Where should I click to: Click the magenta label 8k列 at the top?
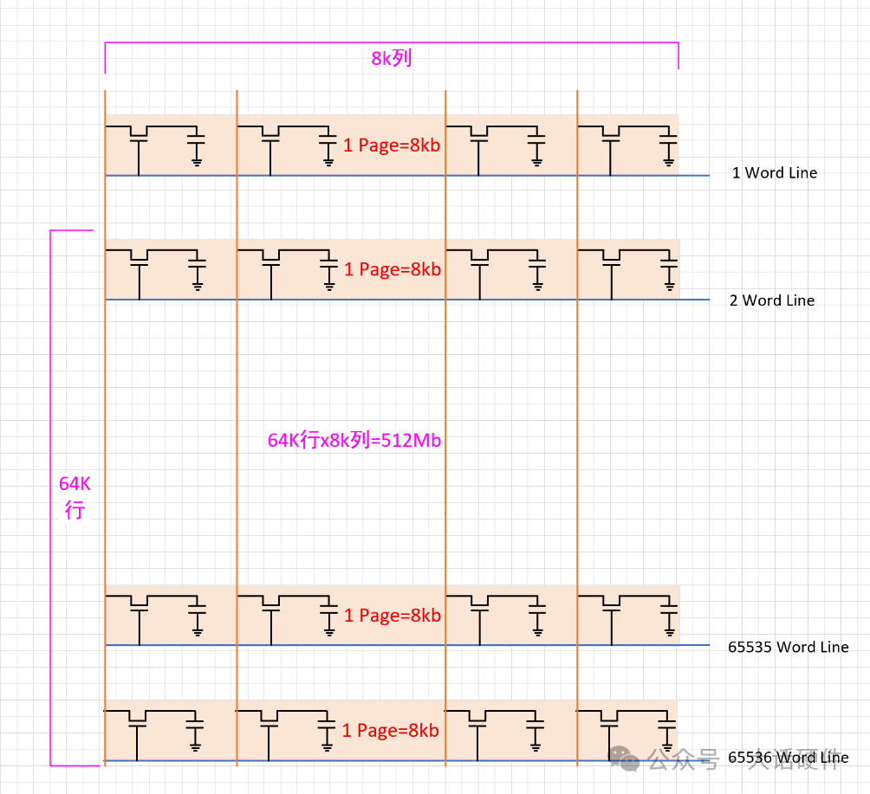pyautogui.click(x=391, y=59)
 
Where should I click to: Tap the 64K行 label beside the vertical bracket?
pyautogui.click(x=75, y=497)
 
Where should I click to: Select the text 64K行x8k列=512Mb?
pyautogui.click(x=354, y=440)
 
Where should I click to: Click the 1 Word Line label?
pyautogui.click(x=774, y=172)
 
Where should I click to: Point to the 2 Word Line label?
pyautogui.click(x=772, y=300)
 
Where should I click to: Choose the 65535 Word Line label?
pyautogui.click(x=788, y=647)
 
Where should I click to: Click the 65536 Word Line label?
pyautogui.click(x=788, y=758)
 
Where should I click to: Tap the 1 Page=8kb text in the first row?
pyautogui.click(x=392, y=145)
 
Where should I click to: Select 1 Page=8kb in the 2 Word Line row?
pyautogui.click(x=393, y=269)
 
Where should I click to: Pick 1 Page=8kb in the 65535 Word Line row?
pyautogui.click(x=393, y=616)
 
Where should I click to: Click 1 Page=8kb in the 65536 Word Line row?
pyautogui.click(x=391, y=730)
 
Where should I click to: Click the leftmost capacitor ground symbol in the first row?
pyautogui.click(x=197, y=160)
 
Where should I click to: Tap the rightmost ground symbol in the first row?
pyautogui.click(x=668, y=160)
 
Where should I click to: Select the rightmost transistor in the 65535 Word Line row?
pyautogui.click(x=611, y=604)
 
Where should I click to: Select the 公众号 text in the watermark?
pyautogui.click(x=684, y=759)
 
